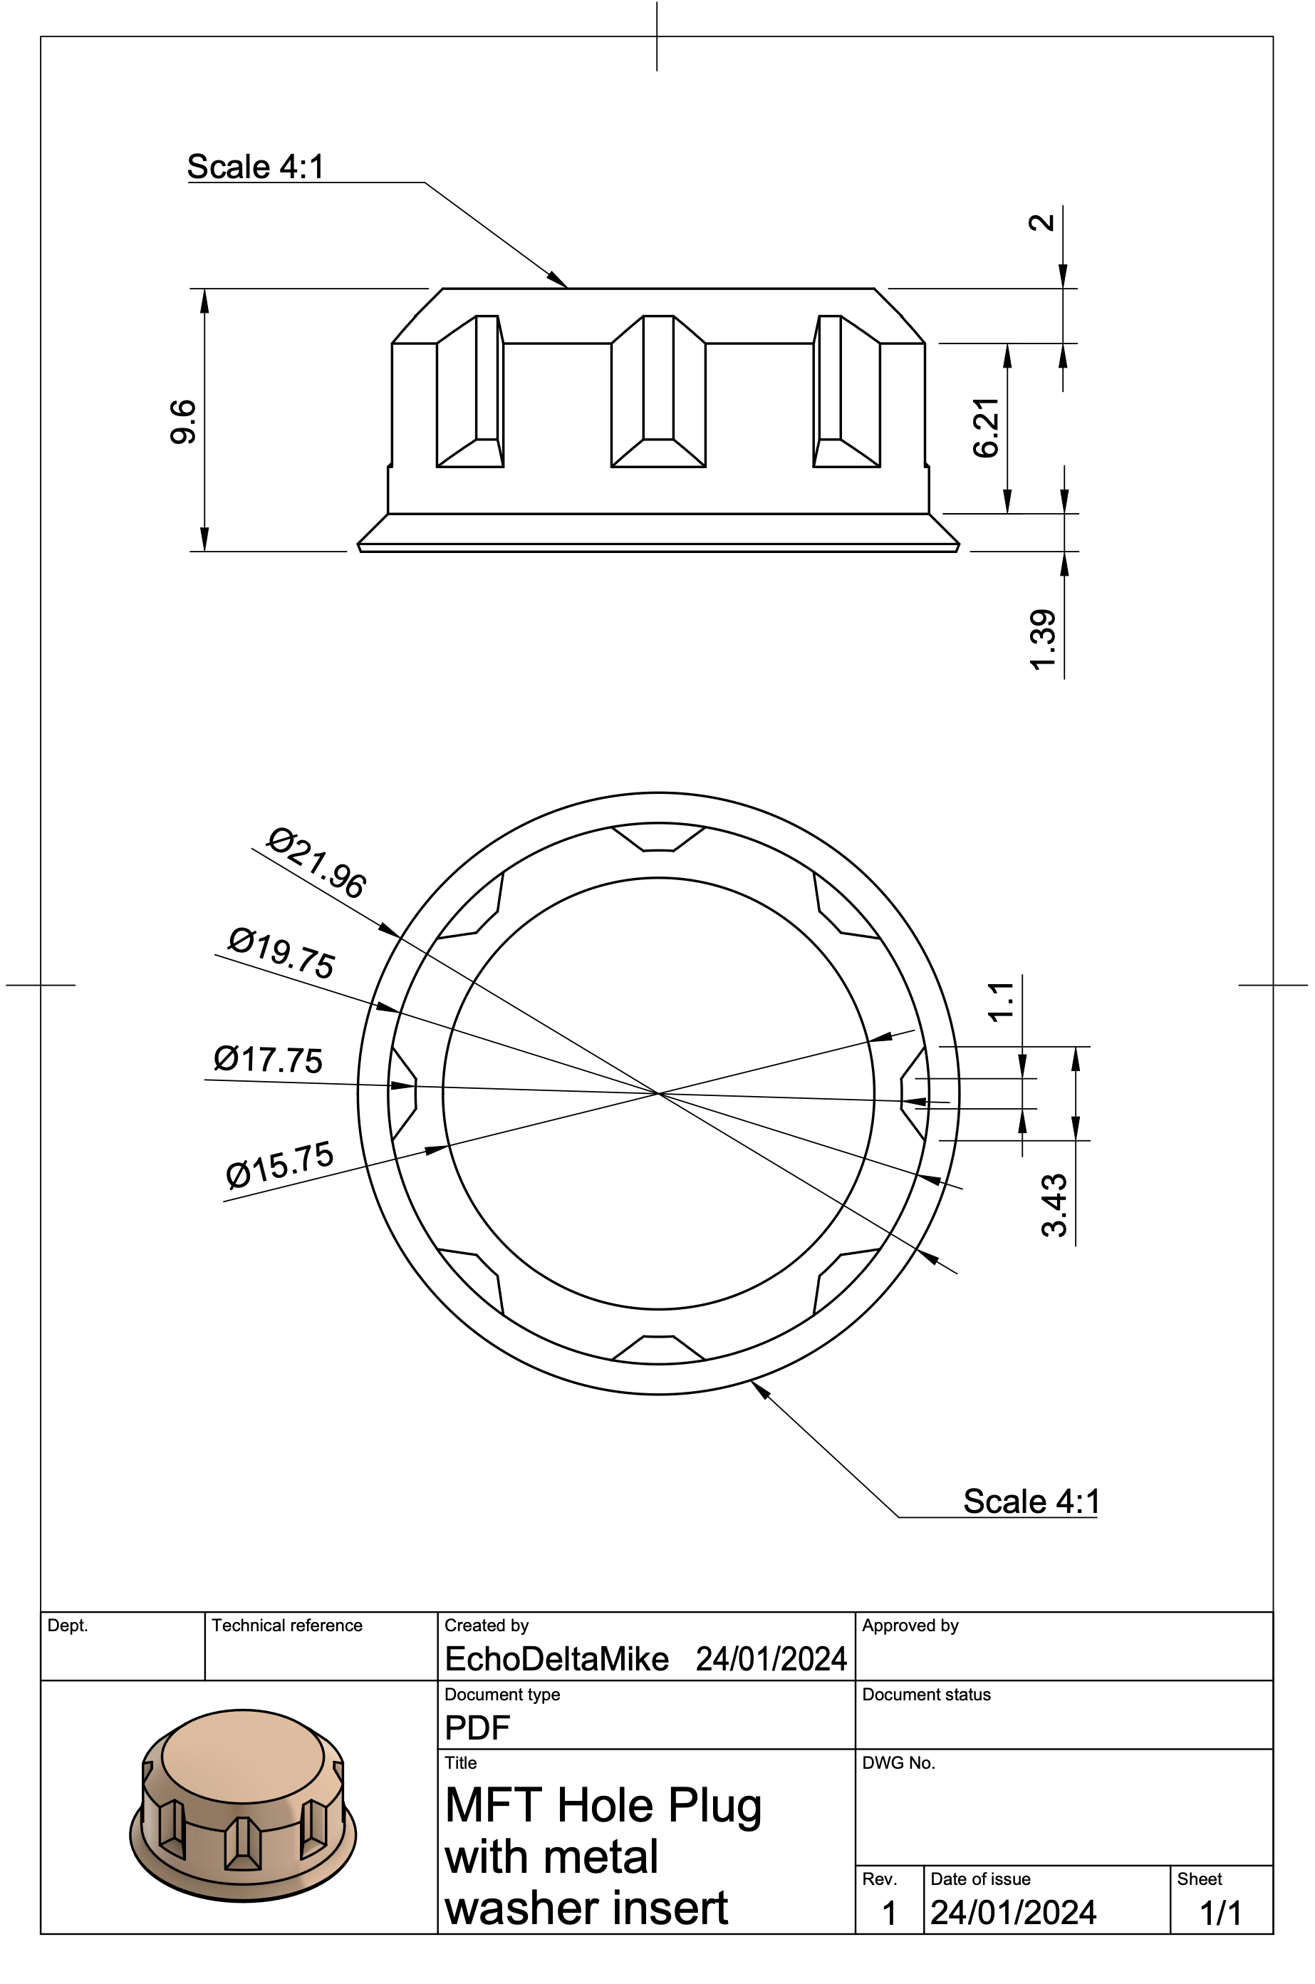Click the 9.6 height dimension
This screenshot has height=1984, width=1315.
click(183, 422)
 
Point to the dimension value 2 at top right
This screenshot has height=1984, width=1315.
click(1041, 222)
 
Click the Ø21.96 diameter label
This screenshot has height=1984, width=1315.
click(316, 863)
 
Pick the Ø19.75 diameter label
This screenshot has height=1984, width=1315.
click(282, 953)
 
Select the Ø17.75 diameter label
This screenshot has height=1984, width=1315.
click(268, 1060)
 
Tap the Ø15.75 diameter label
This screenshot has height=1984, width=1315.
click(280, 1164)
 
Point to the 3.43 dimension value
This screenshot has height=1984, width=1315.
click(1055, 1206)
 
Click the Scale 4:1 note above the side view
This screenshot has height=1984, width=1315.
click(255, 167)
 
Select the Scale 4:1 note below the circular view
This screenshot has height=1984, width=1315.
click(1031, 1501)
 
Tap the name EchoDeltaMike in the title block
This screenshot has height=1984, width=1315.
click(557, 1658)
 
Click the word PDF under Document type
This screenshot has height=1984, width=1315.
click(477, 1727)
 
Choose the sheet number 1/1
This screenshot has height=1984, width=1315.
click(1220, 1913)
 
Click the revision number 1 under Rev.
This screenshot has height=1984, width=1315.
click(889, 1913)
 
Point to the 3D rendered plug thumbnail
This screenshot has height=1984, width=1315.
click(242, 1804)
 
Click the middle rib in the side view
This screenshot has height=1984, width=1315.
click(658, 391)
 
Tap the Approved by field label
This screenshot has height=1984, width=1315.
click(910, 1625)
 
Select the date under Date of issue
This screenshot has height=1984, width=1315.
click(1013, 1913)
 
